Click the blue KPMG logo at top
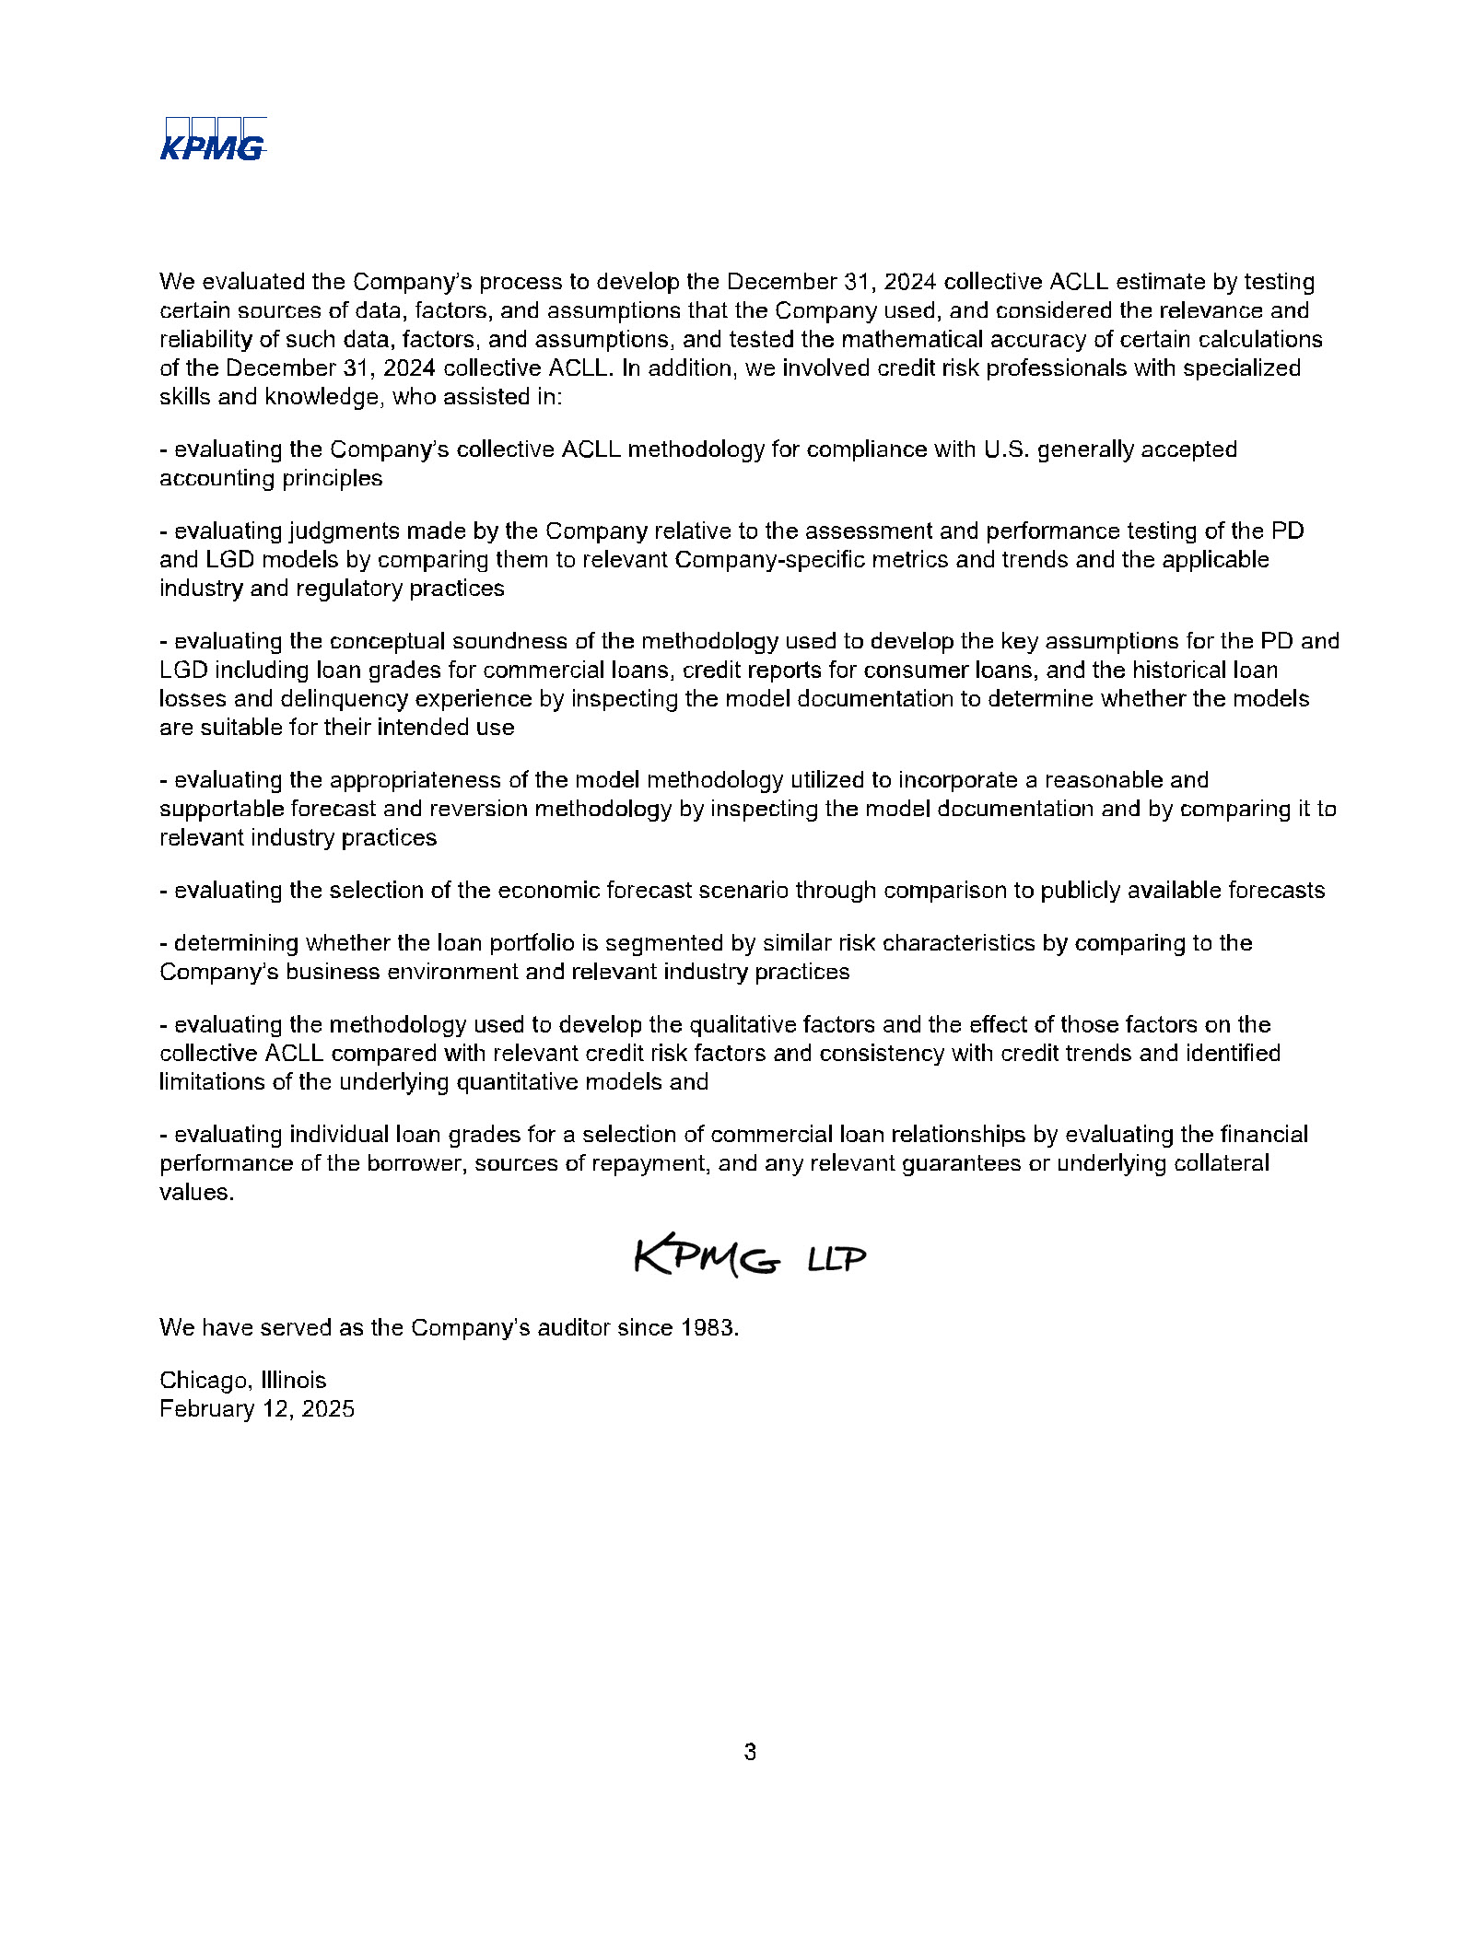[213, 140]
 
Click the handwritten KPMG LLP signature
[749, 1255]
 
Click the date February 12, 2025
[256, 1408]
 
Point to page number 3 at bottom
[750, 1751]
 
